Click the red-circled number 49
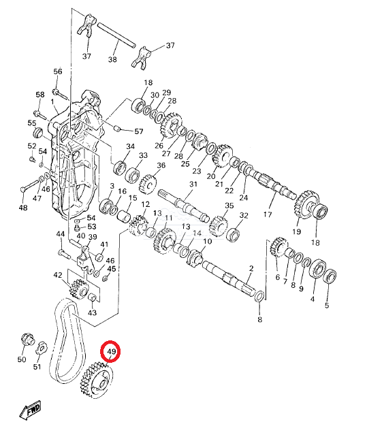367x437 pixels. pos(111,351)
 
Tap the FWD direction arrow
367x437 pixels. pos(31,410)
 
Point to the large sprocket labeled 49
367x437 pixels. pos(96,380)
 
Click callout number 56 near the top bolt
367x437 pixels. pos(58,71)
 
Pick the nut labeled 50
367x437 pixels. pos(27,340)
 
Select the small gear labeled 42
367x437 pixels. pos(78,290)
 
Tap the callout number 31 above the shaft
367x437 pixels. pos(193,184)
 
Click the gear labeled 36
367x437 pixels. pos(148,184)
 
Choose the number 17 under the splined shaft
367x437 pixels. pos(267,214)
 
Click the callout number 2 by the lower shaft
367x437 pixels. pos(251,268)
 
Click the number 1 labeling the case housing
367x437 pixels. pos(52,102)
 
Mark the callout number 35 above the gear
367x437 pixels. pos(229,206)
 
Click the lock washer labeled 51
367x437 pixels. pos(42,348)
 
